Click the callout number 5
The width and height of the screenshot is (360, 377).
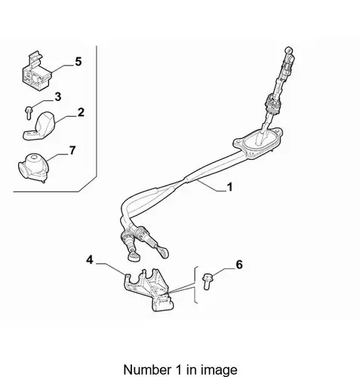click(x=78, y=62)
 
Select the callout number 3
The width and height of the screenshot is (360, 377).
click(x=58, y=97)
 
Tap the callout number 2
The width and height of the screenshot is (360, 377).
click(x=81, y=112)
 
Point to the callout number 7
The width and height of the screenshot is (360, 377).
click(x=72, y=151)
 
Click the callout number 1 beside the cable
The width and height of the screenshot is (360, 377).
click(x=229, y=187)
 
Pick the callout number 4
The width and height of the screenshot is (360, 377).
click(x=90, y=259)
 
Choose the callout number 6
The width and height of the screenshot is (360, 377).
click(x=239, y=265)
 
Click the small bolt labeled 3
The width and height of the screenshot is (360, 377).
click(x=28, y=112)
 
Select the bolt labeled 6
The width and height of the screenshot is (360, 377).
click(x=208, y=281)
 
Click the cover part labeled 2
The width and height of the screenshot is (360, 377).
click(x=40, y=127)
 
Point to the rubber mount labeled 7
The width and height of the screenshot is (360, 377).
click(x=33, y=167)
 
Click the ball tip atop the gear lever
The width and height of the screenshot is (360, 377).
click(x=288, y=50)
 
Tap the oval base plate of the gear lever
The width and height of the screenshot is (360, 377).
click(x=258, y=143)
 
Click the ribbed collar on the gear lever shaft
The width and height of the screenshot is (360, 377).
click(x=272, y=103)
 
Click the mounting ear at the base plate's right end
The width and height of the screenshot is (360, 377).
click(x=278, y=131)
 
